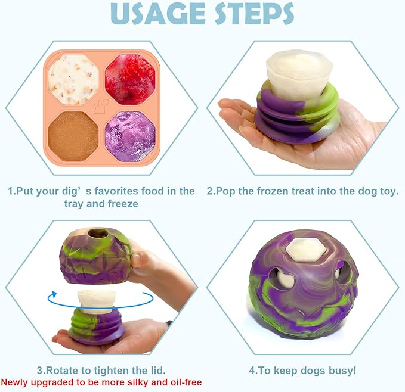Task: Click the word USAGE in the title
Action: (157, 14)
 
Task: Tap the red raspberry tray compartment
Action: (130, 79)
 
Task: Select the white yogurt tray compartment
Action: (74, 79)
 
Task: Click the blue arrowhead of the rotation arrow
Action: (53, 294)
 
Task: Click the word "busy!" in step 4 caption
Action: (341, 370)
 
